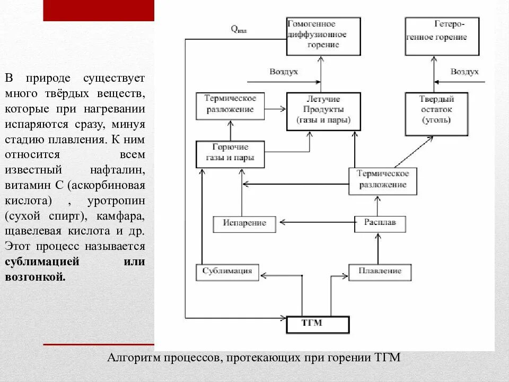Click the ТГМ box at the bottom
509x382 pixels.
(x=318, y=324)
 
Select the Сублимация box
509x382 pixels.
(x=227, y=272)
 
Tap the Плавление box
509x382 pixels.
(x=380, y=272)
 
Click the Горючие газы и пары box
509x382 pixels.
(x=230, y=154)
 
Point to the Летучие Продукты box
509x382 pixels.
(x=323, y=111)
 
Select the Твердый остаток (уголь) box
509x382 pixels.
(x=436, y=114)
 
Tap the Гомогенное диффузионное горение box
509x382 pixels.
(x=323, y=36)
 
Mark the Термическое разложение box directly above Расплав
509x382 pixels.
(x=382, y=180)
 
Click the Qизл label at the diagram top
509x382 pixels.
(x=238, y=30)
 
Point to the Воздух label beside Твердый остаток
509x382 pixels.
(x=464, y=72)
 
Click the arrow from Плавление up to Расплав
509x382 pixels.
(x=378, y=248)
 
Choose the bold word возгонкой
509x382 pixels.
(x=35, y=277)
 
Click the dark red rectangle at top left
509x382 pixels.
(x=98, y=11)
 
